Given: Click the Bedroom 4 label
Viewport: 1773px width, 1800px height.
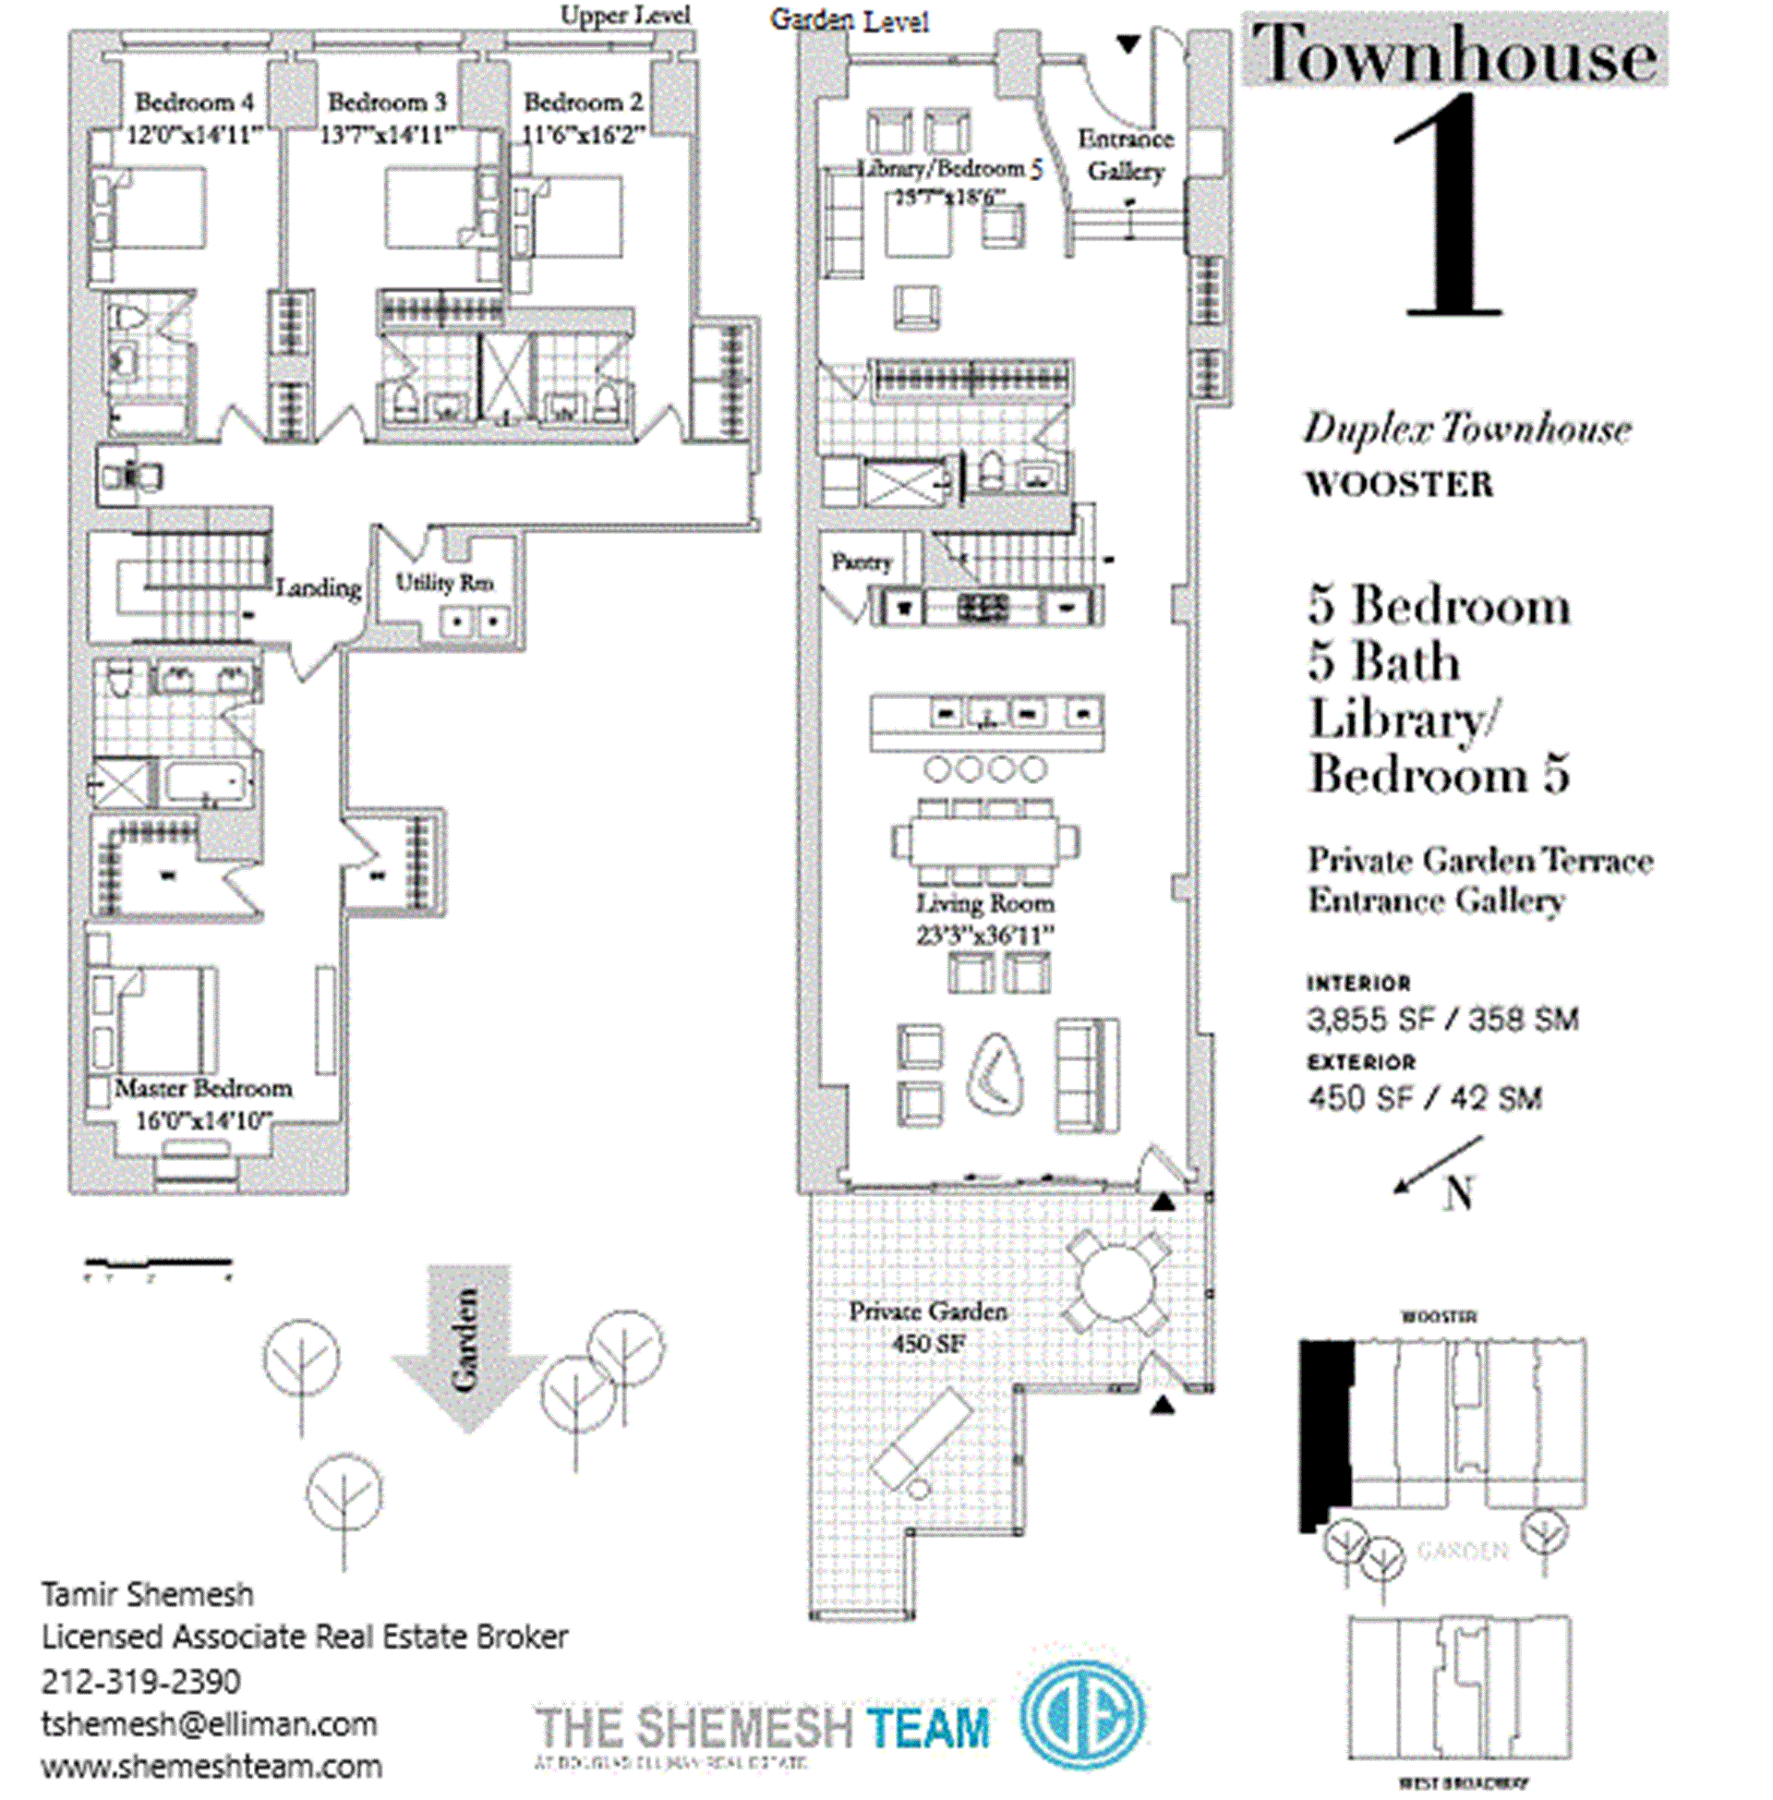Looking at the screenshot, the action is [x=194, y=102].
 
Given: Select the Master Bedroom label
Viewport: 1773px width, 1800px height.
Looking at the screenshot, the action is [x=203, y=1088].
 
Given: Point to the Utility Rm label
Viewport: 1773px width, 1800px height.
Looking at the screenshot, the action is [x=444, y=583].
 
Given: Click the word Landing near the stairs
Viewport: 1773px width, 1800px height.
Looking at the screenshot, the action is [x=319, y=587].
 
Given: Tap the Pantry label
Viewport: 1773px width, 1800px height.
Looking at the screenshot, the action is [x=862, y=562].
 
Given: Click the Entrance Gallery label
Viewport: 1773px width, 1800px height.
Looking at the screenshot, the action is [x=1126, y=154].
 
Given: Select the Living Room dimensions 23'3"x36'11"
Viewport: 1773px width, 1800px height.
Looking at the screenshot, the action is [x=985, y=935].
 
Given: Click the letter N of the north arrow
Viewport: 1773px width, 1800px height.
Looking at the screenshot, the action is [x=1458, y=1193].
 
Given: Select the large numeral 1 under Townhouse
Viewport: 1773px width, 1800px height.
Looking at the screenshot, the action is [x=1450, y=210].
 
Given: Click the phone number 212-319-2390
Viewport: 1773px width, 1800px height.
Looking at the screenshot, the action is [x=140, y=1681].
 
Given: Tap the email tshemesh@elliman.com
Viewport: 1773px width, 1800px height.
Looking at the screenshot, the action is [x=209, y=1723].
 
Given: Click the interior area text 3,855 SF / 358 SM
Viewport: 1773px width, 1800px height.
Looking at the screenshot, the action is [x=1442, y=1019].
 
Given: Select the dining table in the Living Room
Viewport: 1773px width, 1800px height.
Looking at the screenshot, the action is [x=984, y=841].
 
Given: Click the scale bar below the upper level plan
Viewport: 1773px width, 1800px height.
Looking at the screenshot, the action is [x=157, y=1263].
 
